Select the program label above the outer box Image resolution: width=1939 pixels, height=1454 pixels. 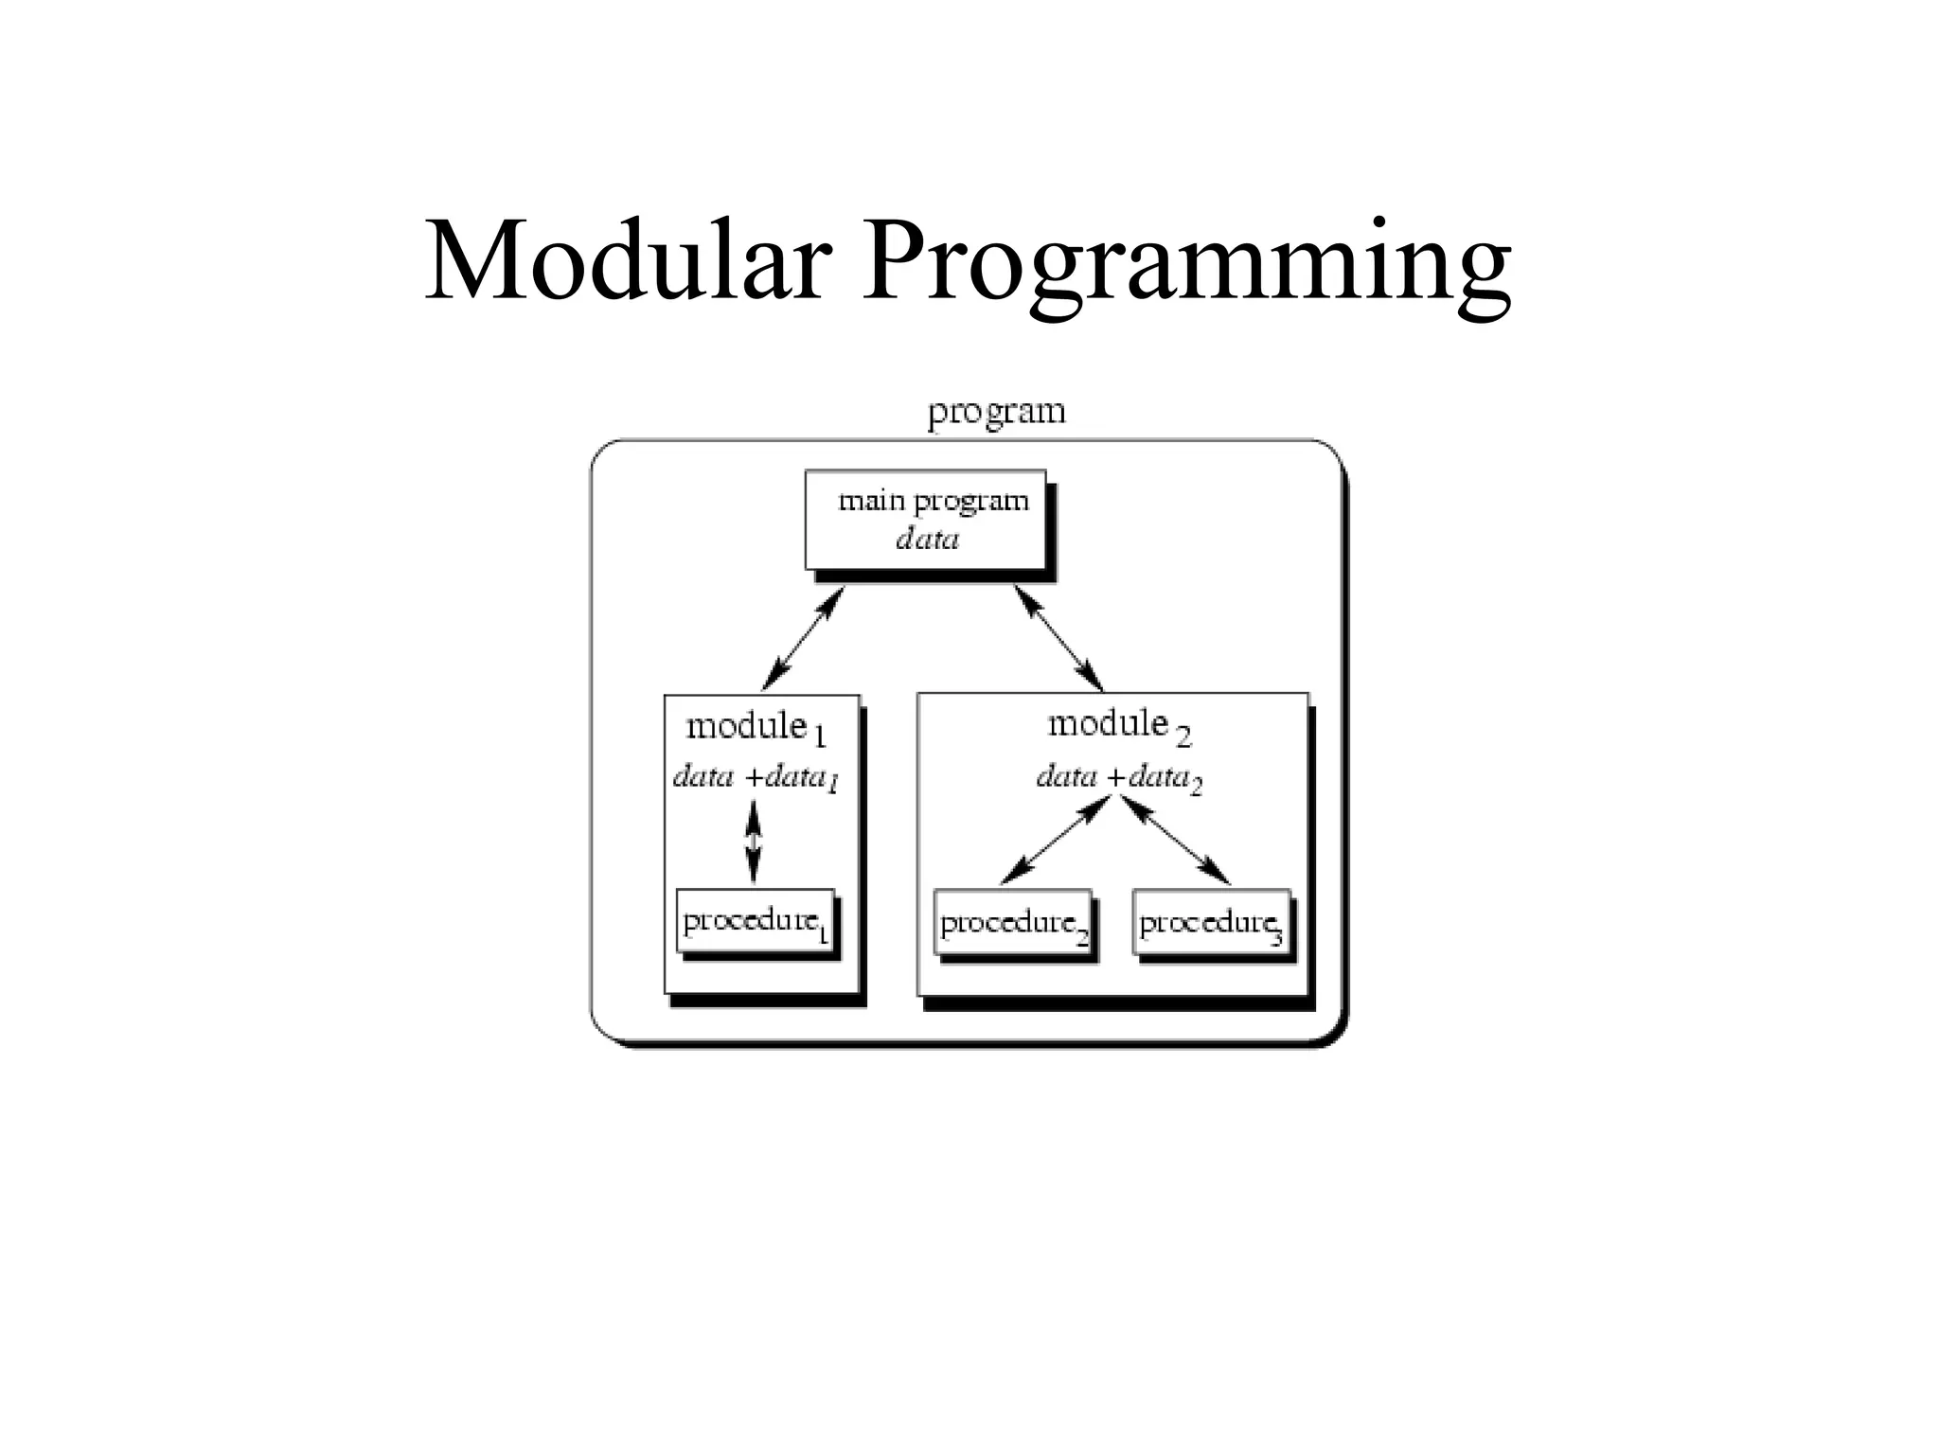[x=996, y=413]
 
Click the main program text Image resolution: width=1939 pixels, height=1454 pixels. [x=933, y=500]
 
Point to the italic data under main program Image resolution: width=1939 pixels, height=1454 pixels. [x=927, y=540]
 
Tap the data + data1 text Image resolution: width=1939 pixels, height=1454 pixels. [x=755, y=778]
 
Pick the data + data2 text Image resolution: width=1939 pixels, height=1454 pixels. [x=1118, y=778]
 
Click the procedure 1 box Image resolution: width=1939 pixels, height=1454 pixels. [x=756, y=921]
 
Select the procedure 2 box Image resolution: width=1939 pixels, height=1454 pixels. [x=1013, y=923]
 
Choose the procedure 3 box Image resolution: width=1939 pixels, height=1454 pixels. [x=1211, y=923]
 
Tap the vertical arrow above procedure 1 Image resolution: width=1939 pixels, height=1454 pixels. [x=753, y=841]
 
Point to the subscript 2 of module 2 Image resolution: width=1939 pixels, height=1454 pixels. [x=1183, y=736]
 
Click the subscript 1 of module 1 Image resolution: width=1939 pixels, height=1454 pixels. [x=820, y=737]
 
